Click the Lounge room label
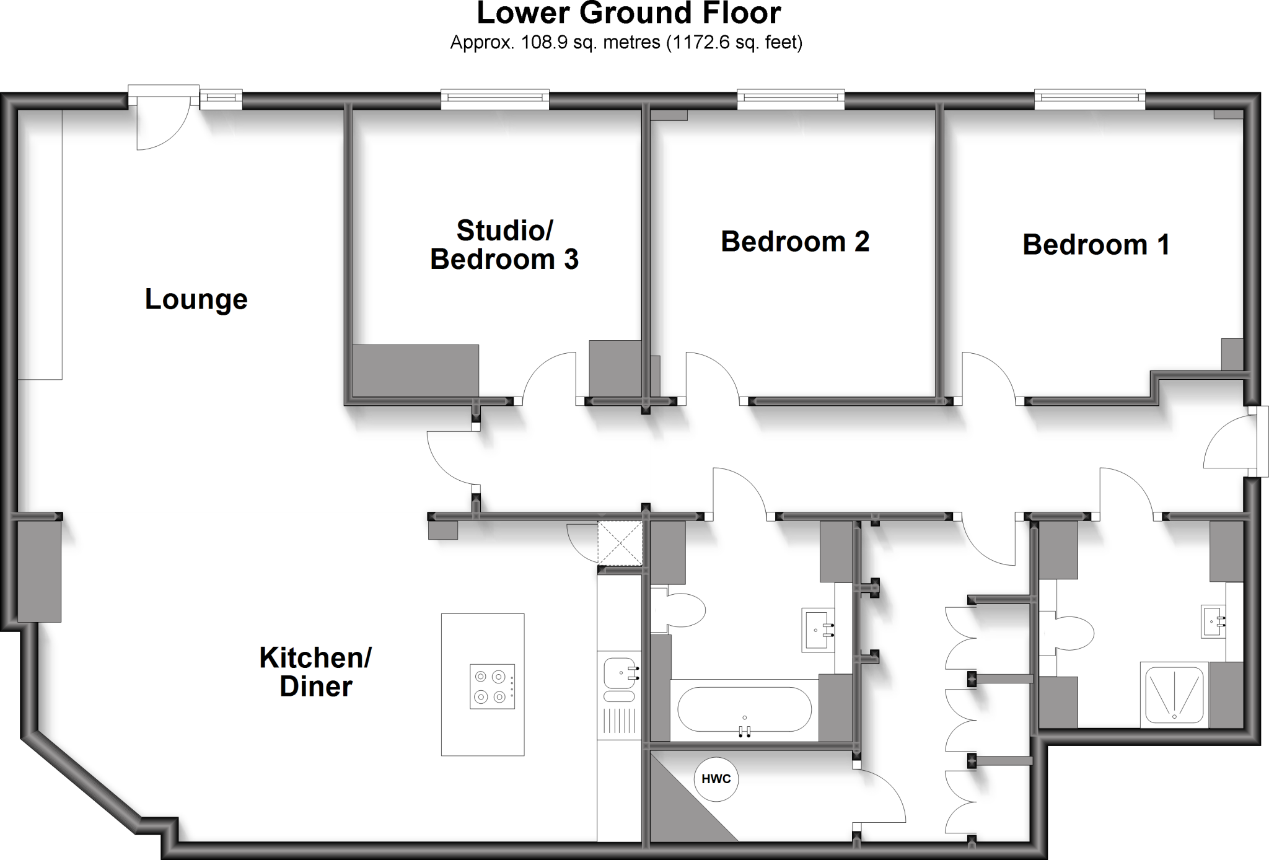(x=196, y=299)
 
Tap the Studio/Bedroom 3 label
(x=504, y=245)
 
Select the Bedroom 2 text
(x=795, y=242)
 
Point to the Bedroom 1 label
(x=1096, y=245)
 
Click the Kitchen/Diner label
(x=315, y=672)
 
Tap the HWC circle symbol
(x=716, y=779)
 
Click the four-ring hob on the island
(x=492, y=687)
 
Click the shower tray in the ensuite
(x=1175, y=693)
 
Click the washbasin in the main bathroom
(x=819, y=630)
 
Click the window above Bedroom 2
(x=791, y=99)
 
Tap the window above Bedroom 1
(x=1089, y=99)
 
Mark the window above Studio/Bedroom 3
(x=495, y=99)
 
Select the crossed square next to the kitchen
(x=620, y=543)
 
